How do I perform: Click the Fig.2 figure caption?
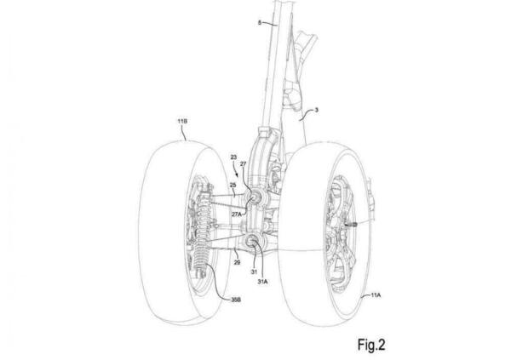[371, 345]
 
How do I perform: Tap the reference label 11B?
[182, 121]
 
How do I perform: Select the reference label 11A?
[376, 294]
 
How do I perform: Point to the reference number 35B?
[236, 300]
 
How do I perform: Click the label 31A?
[262, 282]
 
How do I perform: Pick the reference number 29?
[238, 262]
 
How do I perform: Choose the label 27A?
[237, 214]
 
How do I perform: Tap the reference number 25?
[233, 185]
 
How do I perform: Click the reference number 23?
[233, 157]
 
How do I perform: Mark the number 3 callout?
[317, 111]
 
